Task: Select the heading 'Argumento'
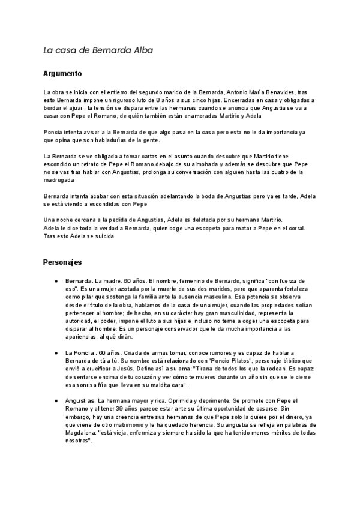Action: pyautogui.click(x=62, y=74)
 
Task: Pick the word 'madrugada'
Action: pyautogui.click(x=59, y=180)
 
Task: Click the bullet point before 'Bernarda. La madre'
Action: pyautogui.click(x=56, y=281)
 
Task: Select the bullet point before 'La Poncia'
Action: pyautogui.click(x=56, y=352)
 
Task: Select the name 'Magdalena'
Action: pyautogui.click(x=82, y=432)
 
